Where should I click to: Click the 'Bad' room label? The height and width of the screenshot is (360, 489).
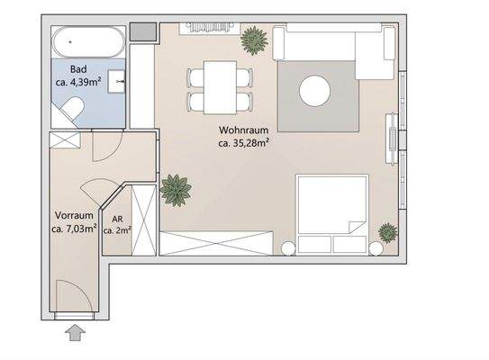coord(78,69)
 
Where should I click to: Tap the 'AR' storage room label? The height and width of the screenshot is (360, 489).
coord(117,218)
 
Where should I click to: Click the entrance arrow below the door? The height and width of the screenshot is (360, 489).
coord(75,334)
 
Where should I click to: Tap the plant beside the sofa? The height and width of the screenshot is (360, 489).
coord(253,40)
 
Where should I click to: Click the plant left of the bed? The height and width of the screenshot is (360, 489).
coord(174,190)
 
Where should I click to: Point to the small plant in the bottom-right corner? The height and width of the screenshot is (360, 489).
coord(388,232)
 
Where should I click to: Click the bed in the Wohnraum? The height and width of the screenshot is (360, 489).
coord(331,214)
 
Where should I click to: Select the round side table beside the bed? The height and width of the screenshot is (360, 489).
coord(287,247)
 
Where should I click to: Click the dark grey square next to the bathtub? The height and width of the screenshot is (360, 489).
coord(142,31)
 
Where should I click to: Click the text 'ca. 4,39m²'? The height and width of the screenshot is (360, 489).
coord(78,82)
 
